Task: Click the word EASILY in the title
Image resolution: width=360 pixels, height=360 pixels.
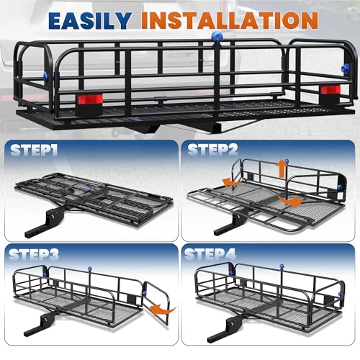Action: (x=90, y=20)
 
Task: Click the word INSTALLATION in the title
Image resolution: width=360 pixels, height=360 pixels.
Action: (x=230, y=20)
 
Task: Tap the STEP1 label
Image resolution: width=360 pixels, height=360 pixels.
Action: (x=34, y=150)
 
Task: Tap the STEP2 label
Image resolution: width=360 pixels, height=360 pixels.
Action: (x=212, y=149)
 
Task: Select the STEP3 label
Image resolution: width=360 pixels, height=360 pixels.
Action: (x=34, y=254)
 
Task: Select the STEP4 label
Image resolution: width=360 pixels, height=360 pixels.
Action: (x=210, y=254)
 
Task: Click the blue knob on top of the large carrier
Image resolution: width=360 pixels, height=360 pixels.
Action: (x=217, y=37)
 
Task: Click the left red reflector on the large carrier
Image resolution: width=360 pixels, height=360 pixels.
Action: (x=90, y=99)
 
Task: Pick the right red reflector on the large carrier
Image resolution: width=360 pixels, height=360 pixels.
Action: (x=330, y=90)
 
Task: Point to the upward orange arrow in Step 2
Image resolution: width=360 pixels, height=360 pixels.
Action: (x=282, y=169)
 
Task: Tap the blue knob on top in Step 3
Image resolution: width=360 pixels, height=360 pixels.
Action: (x=90, y=269)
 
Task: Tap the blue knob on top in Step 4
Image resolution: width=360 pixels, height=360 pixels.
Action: (x=282, y=266)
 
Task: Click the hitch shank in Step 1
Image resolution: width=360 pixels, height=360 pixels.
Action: (x=42, y=222)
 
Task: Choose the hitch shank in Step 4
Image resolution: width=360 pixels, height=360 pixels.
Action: (x=225, y=329)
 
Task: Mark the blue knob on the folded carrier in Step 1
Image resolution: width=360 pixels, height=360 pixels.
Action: (x=86, y=190)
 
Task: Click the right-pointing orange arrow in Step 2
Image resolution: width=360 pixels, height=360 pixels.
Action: (x=290, y=201)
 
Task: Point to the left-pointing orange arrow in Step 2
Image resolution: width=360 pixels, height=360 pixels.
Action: (x=232, y=182)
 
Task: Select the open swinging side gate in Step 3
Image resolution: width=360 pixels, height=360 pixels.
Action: (x=156, y=303)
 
